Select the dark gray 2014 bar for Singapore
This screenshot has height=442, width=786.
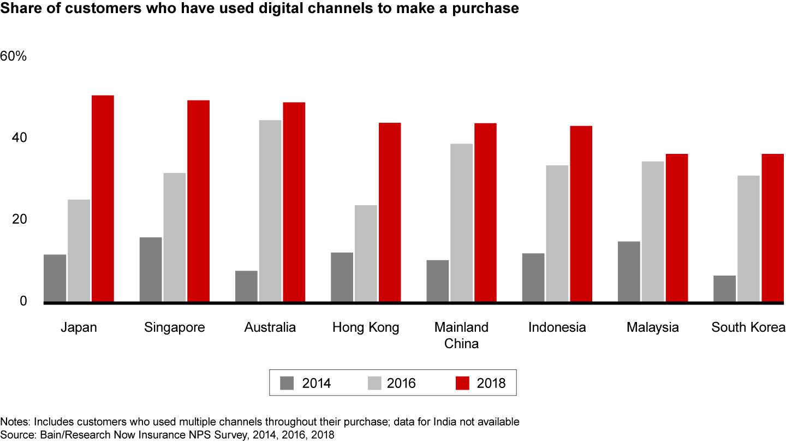coord(151,269)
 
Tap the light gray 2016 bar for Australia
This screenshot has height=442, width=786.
coord(270,210)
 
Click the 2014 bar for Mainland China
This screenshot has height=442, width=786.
coord(438,280)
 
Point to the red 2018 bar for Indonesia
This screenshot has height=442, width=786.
coord(581,213)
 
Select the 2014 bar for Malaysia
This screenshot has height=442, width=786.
coord(629,271)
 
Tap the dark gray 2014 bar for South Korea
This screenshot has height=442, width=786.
coord(724,288)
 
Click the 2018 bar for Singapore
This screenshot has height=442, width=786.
coord(198,200)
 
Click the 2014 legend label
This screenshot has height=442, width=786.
coord(317,383)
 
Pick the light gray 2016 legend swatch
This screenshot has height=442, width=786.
coord(374,383)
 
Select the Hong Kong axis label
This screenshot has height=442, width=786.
coord(366,327)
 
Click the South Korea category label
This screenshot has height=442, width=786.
coord(748,327)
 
